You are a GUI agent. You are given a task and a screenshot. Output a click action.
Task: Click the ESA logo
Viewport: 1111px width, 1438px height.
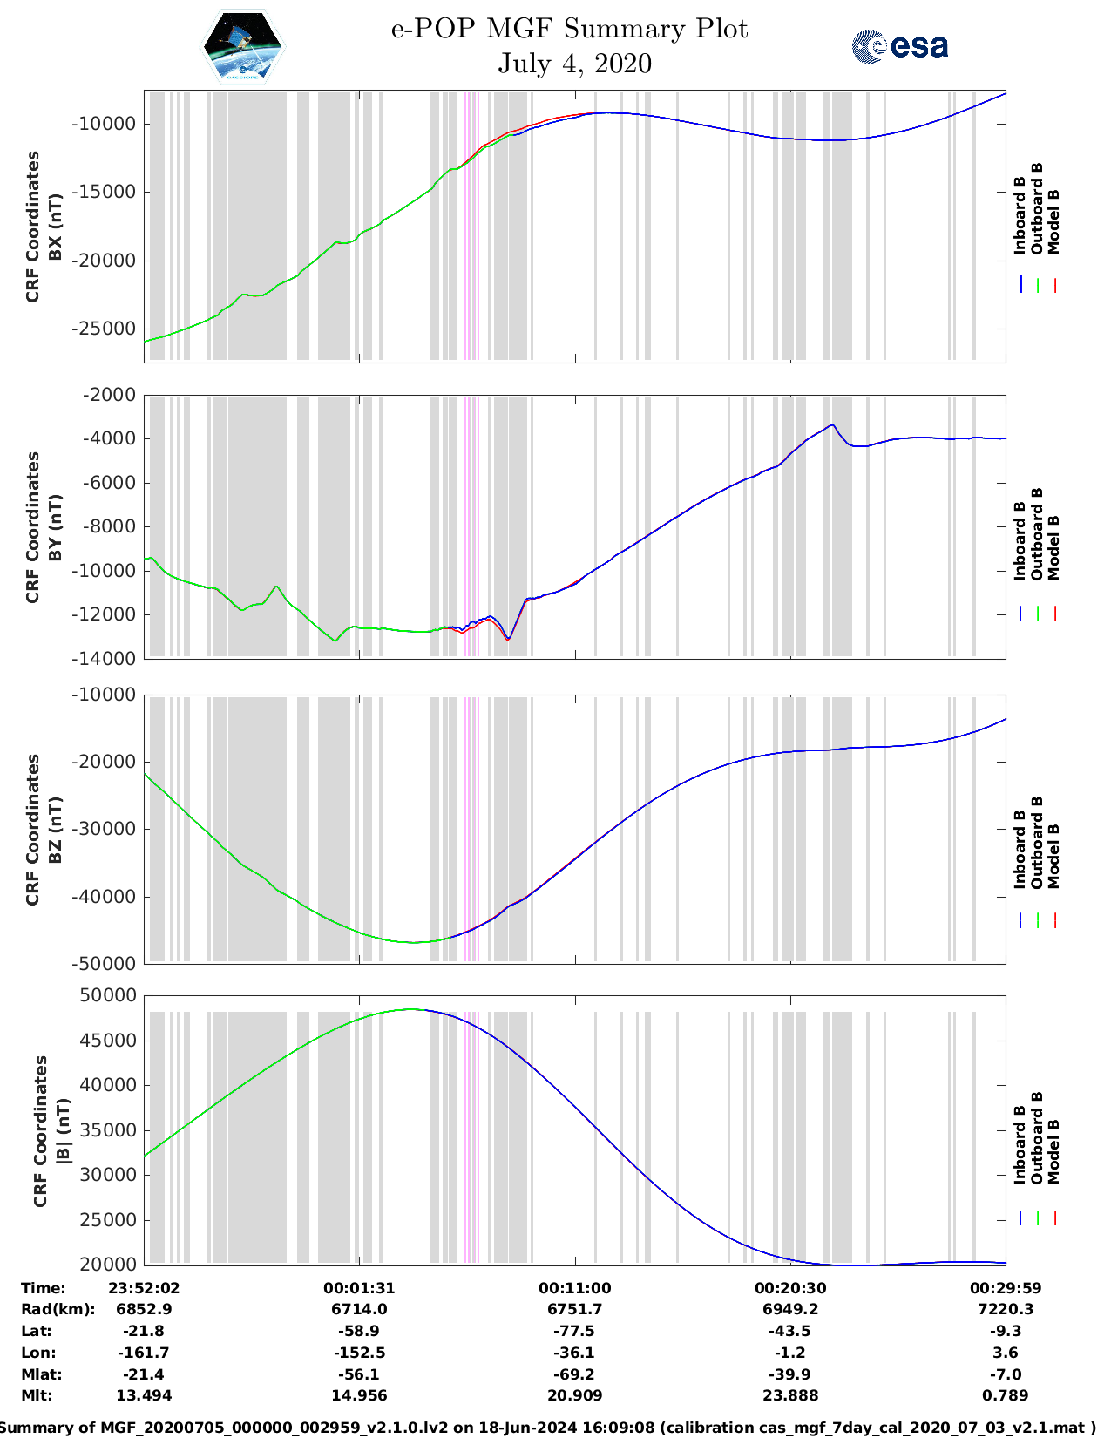click(x=899, y=46)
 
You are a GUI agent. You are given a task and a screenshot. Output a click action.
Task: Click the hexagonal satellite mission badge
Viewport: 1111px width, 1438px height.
click(x=243, y=47)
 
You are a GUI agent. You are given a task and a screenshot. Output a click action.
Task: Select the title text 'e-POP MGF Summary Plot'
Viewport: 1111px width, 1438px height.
click(x=569, y=29)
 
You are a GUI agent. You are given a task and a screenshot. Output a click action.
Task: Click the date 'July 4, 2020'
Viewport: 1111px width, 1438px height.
click(x=574, y=64)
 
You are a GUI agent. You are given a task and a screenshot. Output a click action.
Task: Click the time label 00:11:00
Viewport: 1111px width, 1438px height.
click(x=574, y=1288)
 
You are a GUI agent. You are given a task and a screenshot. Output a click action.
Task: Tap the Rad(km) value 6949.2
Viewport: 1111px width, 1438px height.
click(x=789, y=1309)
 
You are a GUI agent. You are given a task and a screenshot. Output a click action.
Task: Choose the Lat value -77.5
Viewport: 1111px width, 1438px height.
click(x=574, y=1331)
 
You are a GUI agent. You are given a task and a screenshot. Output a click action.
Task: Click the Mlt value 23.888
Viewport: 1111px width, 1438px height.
click(x=789, y=1395)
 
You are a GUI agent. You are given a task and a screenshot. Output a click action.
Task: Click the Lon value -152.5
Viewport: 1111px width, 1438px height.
click(x=359, y=1353)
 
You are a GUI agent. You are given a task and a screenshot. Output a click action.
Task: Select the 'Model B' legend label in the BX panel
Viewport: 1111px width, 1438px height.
click(x=1053, y=221)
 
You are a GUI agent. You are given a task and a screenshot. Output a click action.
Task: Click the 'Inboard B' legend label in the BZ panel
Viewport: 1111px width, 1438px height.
click(x=1020, y=850)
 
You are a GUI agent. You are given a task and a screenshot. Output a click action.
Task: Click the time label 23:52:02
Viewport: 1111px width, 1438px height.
click(x=144, y=1288)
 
